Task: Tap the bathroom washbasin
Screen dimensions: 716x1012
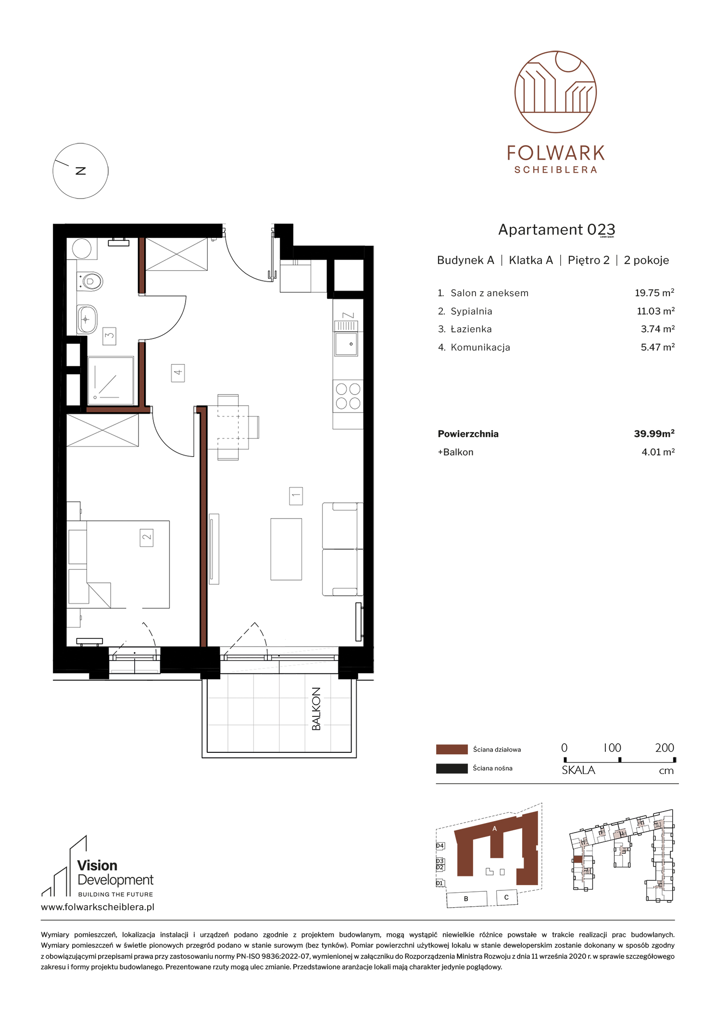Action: [87, 319]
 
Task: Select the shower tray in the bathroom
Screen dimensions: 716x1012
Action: [111, 380]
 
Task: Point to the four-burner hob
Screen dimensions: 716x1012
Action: [348, 396]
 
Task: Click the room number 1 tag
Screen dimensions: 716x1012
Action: [296, 496]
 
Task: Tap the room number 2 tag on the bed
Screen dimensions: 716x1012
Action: [147, 537]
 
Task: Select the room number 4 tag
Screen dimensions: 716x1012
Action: [178, 373]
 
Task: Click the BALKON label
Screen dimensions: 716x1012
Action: [316, 709]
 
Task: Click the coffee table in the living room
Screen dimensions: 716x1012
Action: [286, 549]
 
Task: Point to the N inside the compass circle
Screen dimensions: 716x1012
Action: [81, 171]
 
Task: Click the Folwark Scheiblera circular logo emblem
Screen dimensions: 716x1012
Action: [555, 92]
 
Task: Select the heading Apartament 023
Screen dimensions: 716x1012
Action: [556, 230]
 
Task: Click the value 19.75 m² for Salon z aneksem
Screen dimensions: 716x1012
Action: [654, 293]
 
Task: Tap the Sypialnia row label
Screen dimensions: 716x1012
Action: [471, 312]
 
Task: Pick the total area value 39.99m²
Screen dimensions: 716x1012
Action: [654, 434]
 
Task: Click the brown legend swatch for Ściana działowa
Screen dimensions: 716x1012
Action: [452, 749]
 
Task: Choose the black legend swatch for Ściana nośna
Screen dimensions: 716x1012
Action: [452, 768]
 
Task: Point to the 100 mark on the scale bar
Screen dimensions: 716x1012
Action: [613, 748]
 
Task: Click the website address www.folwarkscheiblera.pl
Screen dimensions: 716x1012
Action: [98, 907]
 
